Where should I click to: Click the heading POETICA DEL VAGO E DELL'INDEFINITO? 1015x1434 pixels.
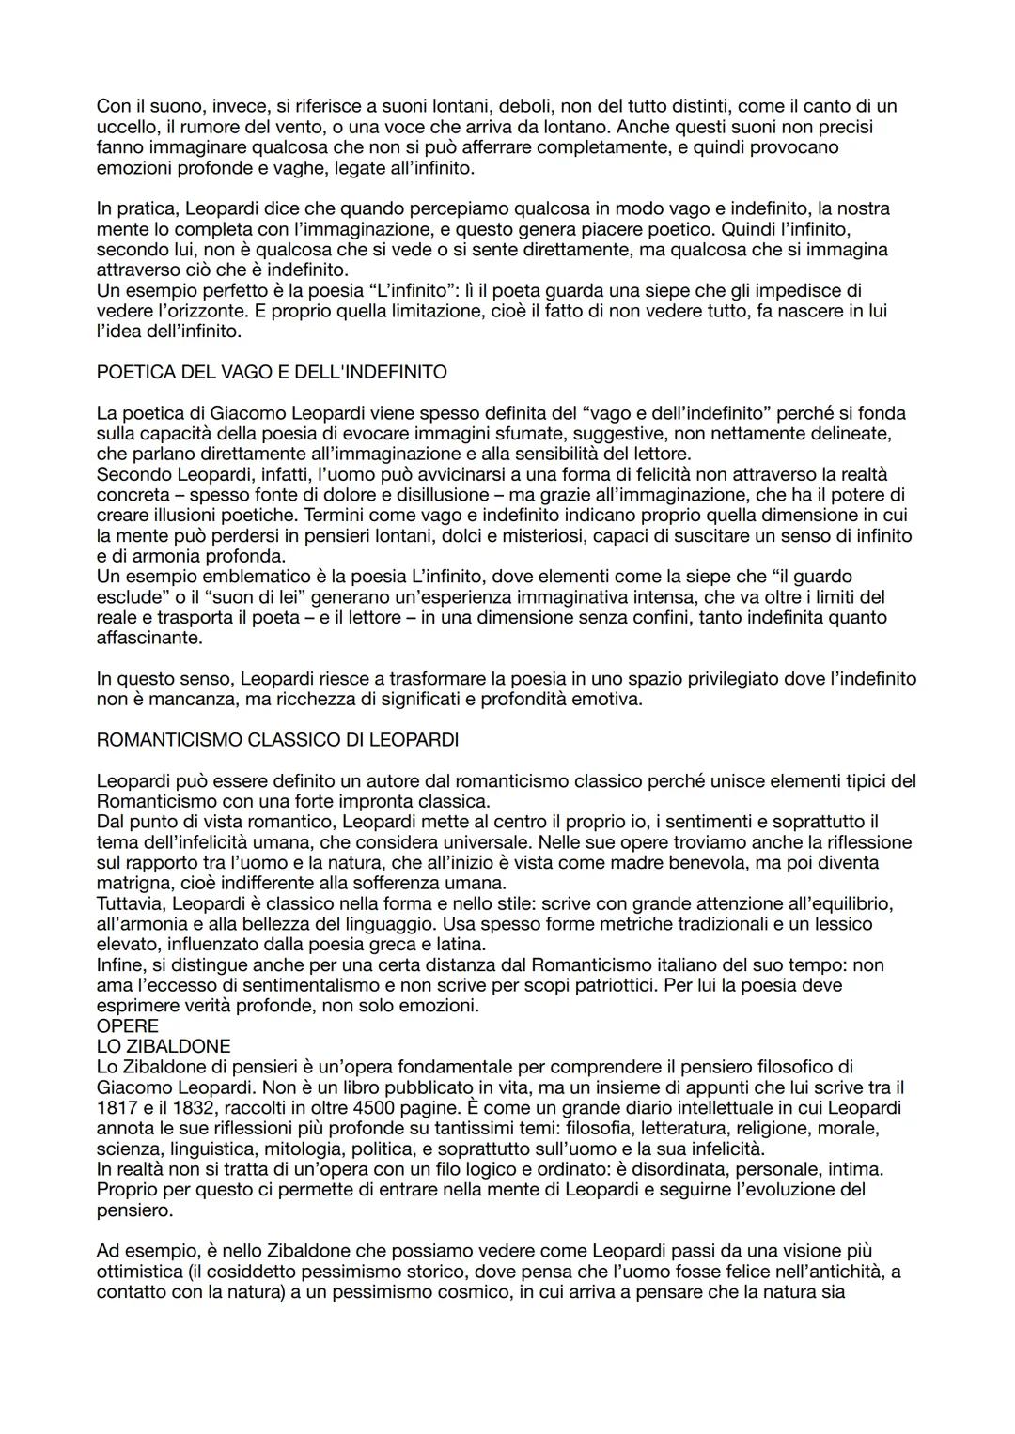pyautogui.click(x=272, y=372)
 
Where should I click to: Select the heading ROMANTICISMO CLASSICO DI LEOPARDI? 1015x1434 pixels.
pyautogui.click(x=277, y=740)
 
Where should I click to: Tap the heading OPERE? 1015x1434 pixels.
pyautogui.click(x=127, y=1026)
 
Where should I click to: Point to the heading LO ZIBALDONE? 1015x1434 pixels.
pyautogui.click(x=164, y=1046)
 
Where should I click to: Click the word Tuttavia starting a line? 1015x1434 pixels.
pyautogui.click(x=132, y=903)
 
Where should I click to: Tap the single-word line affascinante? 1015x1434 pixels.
pyautogui.click(x=148, y=638)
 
